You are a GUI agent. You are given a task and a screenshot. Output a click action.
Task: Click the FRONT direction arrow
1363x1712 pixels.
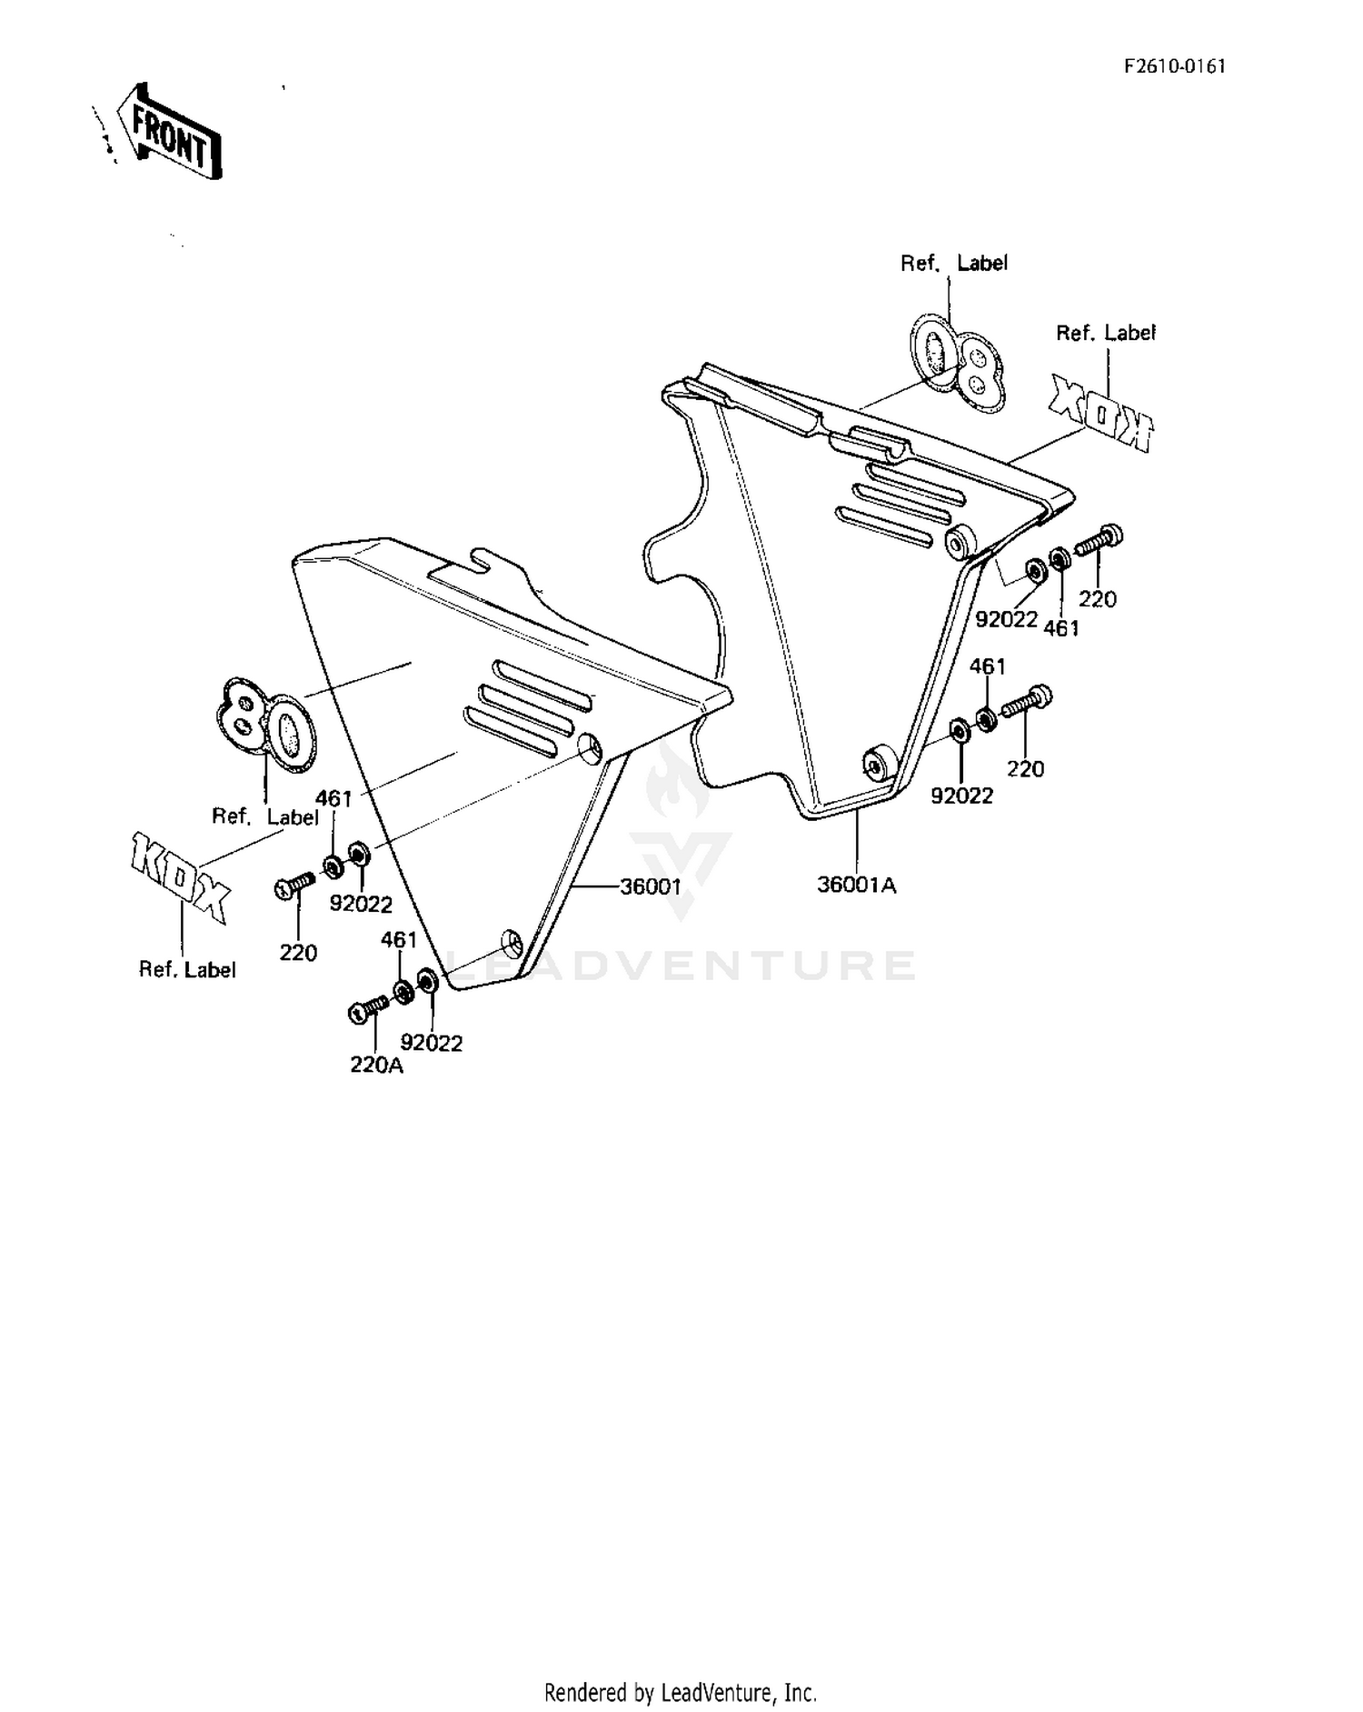(x=171, y=129)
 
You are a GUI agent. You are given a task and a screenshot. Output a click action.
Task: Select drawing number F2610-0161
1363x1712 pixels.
(x=1175, y=66)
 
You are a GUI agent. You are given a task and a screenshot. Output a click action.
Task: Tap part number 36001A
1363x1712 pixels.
(x=856, y=885)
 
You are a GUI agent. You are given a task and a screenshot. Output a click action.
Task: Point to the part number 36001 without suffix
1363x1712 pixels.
(x=651, y=886)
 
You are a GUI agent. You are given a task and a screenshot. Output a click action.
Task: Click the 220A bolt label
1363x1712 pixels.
(x=376, y=1065)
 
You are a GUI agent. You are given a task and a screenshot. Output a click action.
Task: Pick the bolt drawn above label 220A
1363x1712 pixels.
(x=368, y=1008)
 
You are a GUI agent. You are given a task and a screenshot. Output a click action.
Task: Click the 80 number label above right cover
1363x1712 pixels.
(x=957, y=362)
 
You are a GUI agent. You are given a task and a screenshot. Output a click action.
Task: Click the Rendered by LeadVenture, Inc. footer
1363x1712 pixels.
(x=681, y=1693)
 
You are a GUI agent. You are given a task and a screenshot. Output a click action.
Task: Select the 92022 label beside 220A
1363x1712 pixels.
(x=432, y=1043)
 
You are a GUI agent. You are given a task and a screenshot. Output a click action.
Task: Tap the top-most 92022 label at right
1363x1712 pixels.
(x=1007, y=619)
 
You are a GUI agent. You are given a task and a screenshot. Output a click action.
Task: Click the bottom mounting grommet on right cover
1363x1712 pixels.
(x=878, y=765)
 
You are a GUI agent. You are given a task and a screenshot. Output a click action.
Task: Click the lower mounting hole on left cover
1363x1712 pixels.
(x=512, y=944)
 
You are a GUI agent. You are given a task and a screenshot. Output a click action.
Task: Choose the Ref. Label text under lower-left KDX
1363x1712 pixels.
(x=187, y=970)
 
